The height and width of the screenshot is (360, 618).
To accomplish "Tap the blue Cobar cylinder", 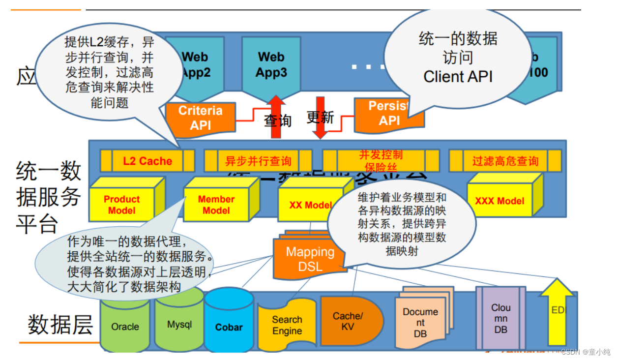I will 229,327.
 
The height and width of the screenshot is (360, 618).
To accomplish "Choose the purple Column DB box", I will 500,318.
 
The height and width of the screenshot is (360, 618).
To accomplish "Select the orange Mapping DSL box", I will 309,259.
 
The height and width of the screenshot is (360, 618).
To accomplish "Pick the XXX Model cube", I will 500,201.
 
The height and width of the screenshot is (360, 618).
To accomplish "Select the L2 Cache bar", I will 147,161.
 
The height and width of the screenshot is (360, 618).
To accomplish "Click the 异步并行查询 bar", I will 258,161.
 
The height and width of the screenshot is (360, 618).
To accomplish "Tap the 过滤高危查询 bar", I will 505,161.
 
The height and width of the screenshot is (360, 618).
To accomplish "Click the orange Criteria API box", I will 201,118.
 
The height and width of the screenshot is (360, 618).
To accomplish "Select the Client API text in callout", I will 458,77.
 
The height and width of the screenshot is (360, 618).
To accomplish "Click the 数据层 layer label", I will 60,325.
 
